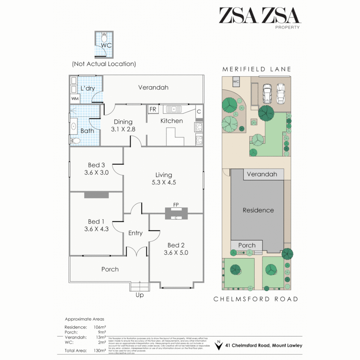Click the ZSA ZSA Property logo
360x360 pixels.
tap(259, 17)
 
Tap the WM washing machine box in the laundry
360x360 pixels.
tap(75, 99)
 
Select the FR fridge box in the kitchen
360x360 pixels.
tap(153, 109)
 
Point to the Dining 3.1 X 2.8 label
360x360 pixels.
tap(123, 126)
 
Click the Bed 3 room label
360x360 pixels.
tap(96, 169)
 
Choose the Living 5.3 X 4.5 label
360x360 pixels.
tap(164, 179)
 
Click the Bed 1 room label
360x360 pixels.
tap(96, 225)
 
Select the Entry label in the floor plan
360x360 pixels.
tap(135, 233)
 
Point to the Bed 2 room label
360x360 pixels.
tap(176, 249)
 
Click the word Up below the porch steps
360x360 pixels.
tap(140, 295)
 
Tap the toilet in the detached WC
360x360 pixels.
tap(104, 35)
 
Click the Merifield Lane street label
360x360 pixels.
tap(257, 69)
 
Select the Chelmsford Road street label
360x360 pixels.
tap(256, 299)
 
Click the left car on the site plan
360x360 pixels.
tap(268, 94)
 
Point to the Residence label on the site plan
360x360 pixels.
tap(258, 210)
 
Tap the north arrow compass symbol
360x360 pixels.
tap(219, 346)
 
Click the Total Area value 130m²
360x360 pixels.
tap(100, 350)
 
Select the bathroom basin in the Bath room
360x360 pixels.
tap(73, 126)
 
